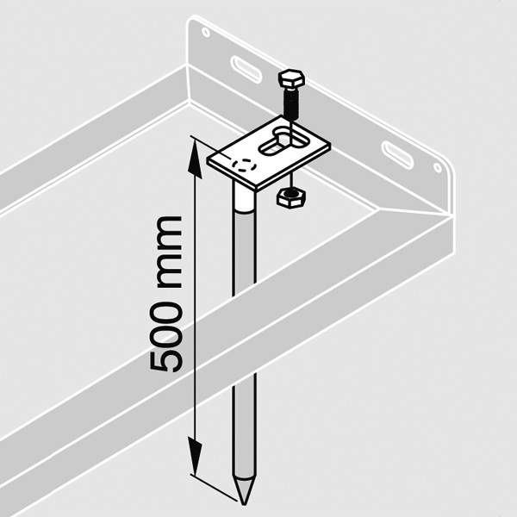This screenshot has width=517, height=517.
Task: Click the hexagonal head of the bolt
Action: pyautogui.click(x=291, y=78)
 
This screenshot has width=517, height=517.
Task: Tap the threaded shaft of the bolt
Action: pyautogui.click(x=291, y=103)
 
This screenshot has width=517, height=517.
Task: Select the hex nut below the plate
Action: pyautogui.click(x=290, y=197)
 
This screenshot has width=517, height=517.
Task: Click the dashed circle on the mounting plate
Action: pyautogui.click(x=245, y=165)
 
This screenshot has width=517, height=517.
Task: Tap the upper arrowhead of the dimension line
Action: pyautogui.click(x=196, y=159)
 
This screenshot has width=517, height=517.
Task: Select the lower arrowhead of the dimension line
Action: pyautogui.click(x=195, y=456)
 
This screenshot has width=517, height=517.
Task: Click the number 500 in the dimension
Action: pyautogui.click(x=165, y=337)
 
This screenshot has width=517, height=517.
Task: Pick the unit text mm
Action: pyautogui.click(x=169, y=252)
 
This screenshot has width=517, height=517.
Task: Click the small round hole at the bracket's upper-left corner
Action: pyautogui.click(x=206, y=33)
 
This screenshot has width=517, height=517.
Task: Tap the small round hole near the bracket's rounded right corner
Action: pyautogui.click(x=438, y=167)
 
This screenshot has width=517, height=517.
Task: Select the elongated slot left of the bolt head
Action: pyautogui.click(x=246, y=68)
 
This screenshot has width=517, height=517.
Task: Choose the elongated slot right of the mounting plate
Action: pyautogui.click(x=397, y=155)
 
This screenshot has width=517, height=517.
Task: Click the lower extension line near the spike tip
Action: pyautogui.click(x=214, y=489)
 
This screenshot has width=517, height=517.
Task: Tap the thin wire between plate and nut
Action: pyautogui.click(x=291, y=181)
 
